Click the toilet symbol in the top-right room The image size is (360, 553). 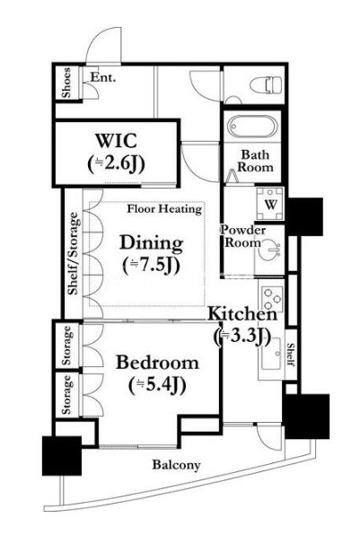click(x=266, y=85)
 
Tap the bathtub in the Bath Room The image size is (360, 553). click(x=251, y=127)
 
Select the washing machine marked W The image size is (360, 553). click(x=270, y=204)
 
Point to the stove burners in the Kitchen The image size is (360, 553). click(x=272, y=299)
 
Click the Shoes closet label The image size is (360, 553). click(x=66, y=83)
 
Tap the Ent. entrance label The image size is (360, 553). click(x=103, y=77)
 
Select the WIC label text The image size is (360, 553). click(x=116, y=141)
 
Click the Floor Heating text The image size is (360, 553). click(x=164, y=209)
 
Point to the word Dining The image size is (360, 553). click(x=152, y=242)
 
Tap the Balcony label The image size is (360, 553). click(x=176, y=465)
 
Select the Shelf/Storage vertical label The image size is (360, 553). click(x=74, y=253)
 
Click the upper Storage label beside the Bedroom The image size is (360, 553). click(x=66, y=346)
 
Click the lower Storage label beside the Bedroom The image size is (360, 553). click(x=66, y=395)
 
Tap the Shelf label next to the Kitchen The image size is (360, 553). click(x=291, y=355)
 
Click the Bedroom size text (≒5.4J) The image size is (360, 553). click(x=157, y=386)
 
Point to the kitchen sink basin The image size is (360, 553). click(x=270, y=355)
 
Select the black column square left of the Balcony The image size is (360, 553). click(x=62, y=456)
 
